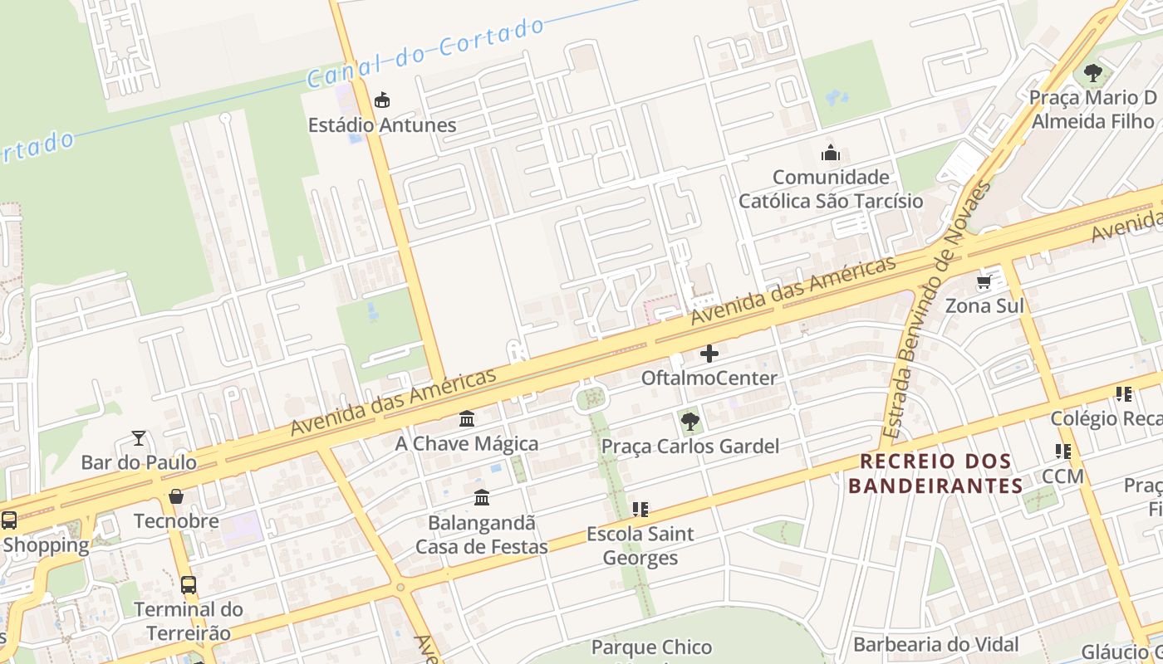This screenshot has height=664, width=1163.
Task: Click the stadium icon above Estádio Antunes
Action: pos(381,100)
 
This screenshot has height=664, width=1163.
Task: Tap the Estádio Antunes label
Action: pos(382,125)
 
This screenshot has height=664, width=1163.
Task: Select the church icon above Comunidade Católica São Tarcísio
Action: pos(830,153)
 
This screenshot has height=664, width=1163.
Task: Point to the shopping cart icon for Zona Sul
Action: pos(984,282)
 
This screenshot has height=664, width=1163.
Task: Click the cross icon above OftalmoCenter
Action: pos(709,354)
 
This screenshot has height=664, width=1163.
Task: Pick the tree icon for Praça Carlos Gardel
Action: pos(689,422)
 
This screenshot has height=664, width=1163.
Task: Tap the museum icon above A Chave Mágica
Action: pos(467,419)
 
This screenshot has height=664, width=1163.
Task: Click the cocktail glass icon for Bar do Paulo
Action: pos(139,437)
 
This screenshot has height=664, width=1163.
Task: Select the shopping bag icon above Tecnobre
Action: pos(176,496)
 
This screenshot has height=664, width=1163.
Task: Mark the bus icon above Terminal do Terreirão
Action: pos(189,584)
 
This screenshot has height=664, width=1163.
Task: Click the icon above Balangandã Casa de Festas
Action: pos(482,498)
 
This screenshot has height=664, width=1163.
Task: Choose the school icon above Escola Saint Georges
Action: pos(640,509)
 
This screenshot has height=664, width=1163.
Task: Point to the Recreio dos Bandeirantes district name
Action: pos(935,473)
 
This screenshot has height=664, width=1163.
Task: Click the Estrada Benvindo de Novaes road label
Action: pos(937,311)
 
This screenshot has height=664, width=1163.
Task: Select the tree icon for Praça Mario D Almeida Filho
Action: pos(1093,72)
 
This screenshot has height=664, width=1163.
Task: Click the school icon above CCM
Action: pos(1062,452)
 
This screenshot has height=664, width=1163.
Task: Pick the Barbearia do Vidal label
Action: pos(935,644)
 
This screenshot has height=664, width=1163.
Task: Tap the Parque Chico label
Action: pos(651,647)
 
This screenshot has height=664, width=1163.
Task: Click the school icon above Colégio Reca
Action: pos(1124,394)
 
